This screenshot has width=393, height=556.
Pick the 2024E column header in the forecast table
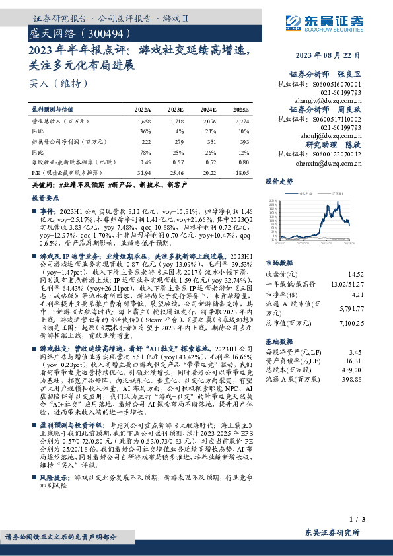click(209, 110)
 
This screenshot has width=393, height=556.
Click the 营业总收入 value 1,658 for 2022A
click(144, 122)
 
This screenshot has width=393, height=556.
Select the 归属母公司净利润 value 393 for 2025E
click(243, 141)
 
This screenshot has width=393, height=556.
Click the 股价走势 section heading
click(279, 180)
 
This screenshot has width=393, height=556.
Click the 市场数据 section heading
click(279, 262)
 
